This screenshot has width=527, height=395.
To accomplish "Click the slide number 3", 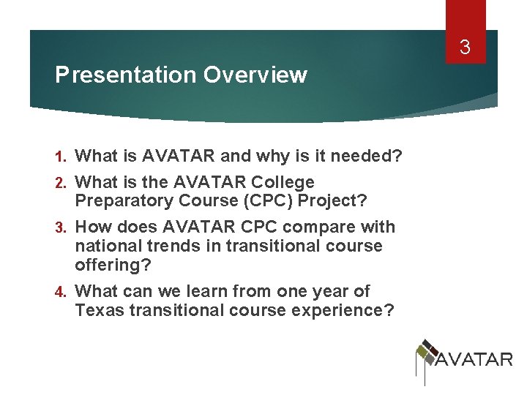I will [x=464, y=49].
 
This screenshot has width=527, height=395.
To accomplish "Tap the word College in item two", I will [x=283, y=182].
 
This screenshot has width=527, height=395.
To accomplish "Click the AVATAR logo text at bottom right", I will [x=474, y=359].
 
